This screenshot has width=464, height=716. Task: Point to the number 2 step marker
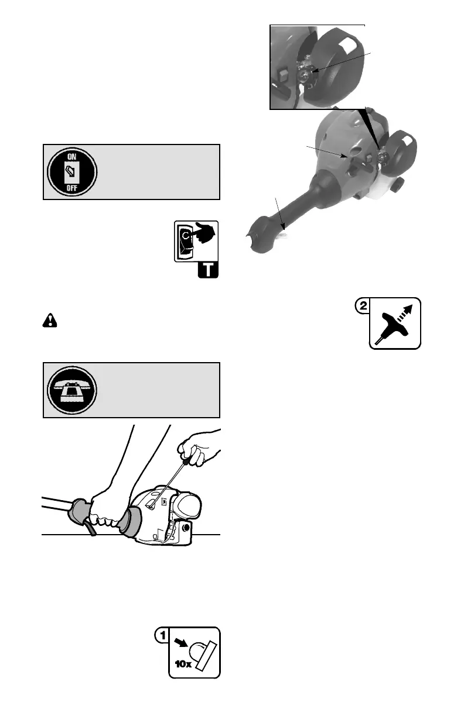[x=363, y=306]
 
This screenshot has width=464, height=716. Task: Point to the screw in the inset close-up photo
[x=306, y=74]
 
